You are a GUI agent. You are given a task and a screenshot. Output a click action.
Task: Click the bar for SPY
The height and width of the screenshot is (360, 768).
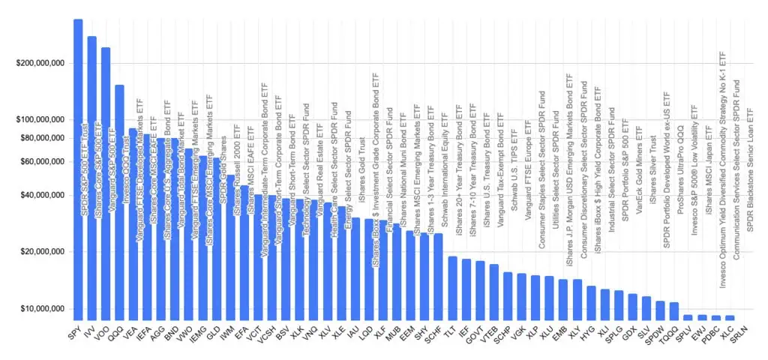[78, 172]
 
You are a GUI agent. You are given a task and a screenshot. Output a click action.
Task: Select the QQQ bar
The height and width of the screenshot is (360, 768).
[119, 202]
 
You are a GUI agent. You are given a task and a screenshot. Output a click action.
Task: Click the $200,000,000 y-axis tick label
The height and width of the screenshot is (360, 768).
[43, 63]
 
